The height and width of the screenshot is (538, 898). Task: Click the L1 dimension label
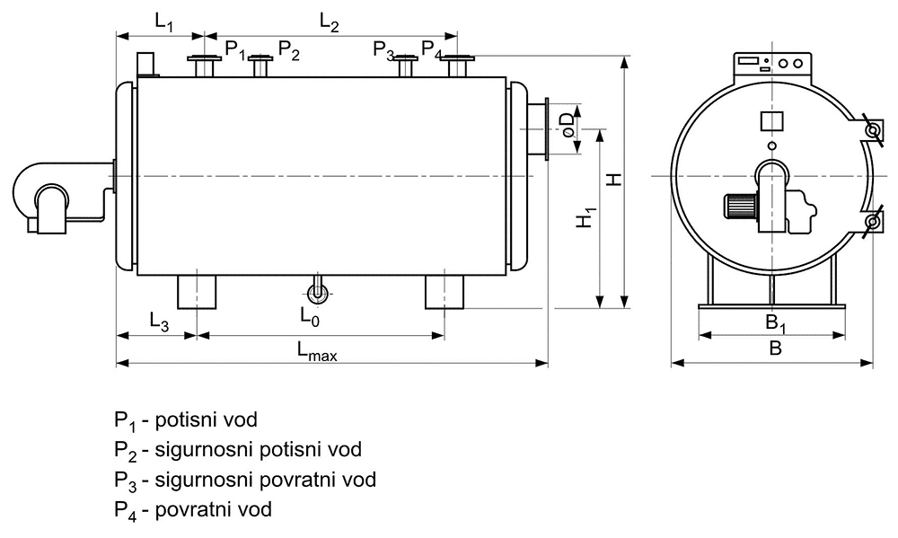[x=163, y=22]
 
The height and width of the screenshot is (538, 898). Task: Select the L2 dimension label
[x=330, y=22]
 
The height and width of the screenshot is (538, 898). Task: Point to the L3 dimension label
[x=159, y=321]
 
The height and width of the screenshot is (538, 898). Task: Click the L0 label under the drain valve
[x=309, y=316]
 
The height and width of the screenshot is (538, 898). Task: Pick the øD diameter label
[x=567, y=125]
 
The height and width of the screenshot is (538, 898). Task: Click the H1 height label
[x=585, y=217]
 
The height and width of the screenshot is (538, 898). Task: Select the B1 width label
[x=776, y=323]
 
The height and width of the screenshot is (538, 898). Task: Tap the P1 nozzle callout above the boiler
[x=234, y=49]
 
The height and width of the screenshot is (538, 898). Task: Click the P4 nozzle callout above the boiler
[x=431, y=49]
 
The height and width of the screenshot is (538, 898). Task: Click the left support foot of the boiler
[x=197, y=292]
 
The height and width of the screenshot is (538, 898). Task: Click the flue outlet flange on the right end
[x=546, y=129]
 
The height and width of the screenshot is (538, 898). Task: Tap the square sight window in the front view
[x=771, y=121]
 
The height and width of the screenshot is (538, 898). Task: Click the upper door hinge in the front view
[x=872, y=130]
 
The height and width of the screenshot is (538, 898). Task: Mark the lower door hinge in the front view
[x=872, y=221]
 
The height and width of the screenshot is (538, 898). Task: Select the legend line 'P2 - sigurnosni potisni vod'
[x=238, y=450]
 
